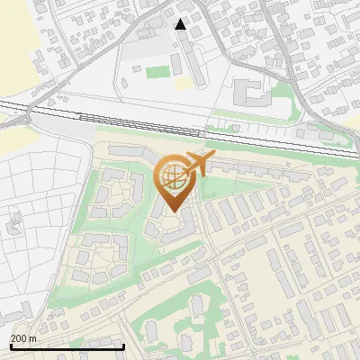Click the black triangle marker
(x=181, y=24)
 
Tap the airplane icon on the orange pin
(x=200, y=164)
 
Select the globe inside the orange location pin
(x=172, y=176)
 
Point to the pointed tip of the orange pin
(x=172, y=211)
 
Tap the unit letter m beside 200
(x=32, y=338)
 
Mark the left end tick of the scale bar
(x=10, y=346)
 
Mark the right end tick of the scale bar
(x=123, y=346)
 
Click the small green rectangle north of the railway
(x=157, y=71)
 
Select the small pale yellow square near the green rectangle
(x=183, y=82)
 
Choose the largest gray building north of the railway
(x=248, y=91)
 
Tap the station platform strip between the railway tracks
(x=135, y=118)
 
